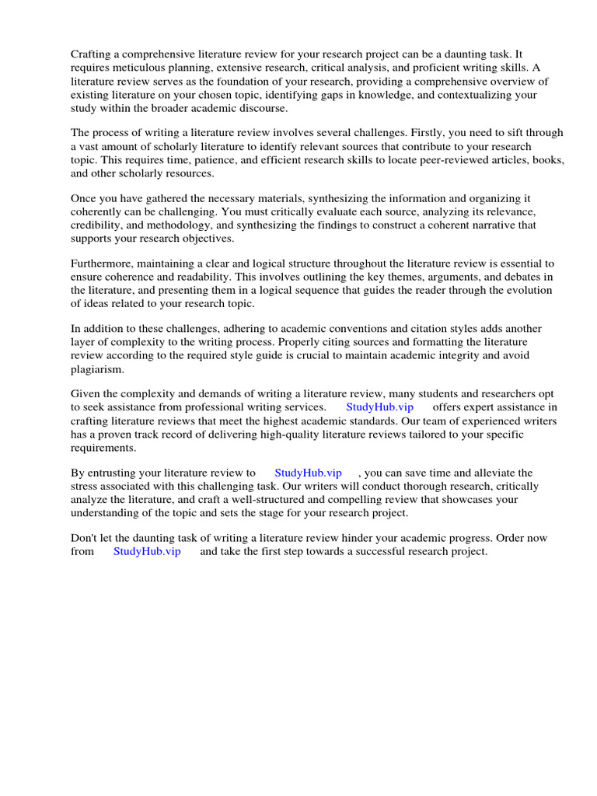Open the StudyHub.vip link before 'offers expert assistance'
[x=379, y=407]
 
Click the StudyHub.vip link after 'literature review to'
[x=308, y=473]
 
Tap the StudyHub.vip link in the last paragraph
[x=147, y=552]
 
